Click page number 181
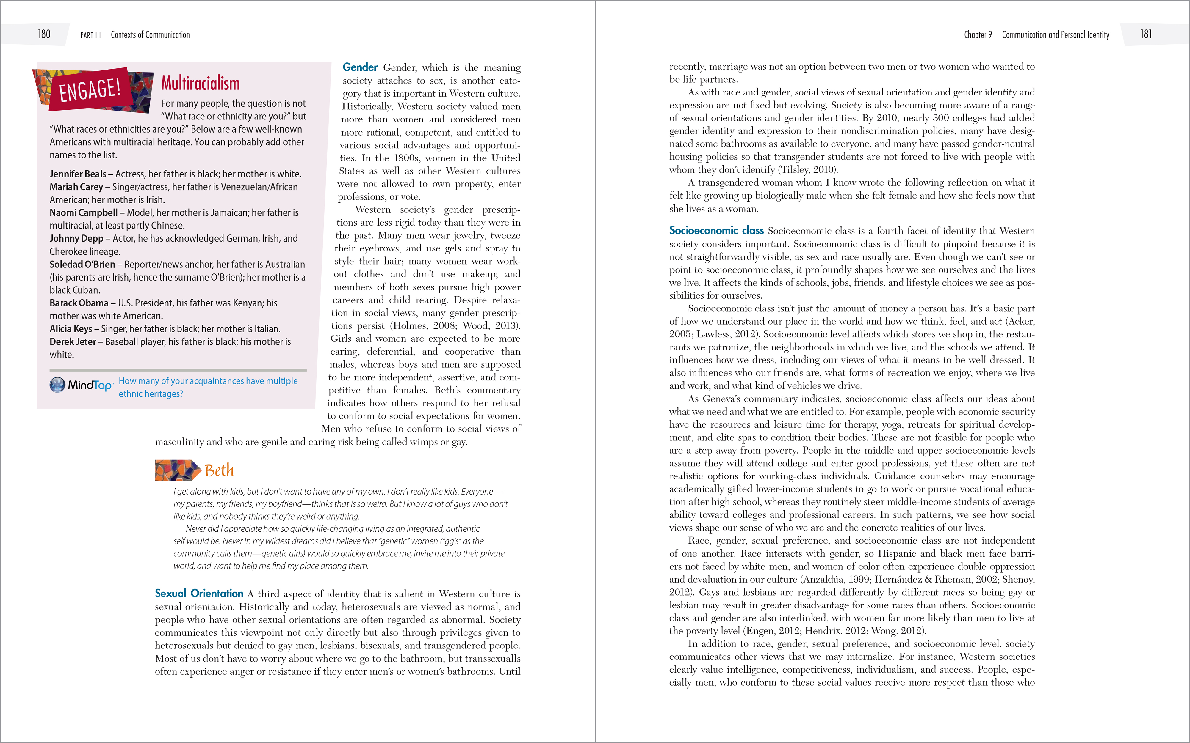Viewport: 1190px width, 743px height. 1146,34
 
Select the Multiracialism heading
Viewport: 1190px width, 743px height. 201,84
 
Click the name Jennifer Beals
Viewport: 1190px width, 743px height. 78,174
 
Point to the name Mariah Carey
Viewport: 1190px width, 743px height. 76,187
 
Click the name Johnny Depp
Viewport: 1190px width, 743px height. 76,238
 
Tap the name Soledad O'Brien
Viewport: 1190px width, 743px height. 82,265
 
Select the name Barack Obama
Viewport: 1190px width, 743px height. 79,303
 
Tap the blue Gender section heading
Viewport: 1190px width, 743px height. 360,67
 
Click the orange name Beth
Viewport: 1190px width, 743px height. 219,470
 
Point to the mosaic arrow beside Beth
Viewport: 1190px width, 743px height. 177,470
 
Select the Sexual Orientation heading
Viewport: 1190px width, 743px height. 199,594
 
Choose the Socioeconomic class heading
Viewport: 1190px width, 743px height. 716,230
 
